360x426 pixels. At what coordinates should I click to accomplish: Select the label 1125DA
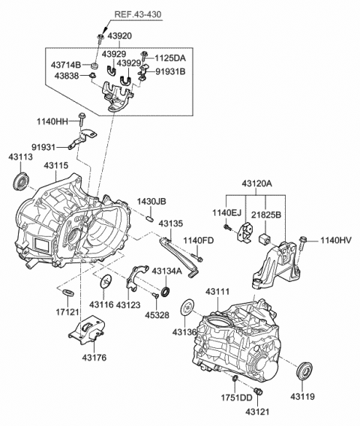click(x=172, y=57)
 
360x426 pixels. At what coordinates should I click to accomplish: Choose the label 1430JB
click(x=151, y=201)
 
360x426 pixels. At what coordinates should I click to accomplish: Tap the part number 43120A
click(x=257, y=184)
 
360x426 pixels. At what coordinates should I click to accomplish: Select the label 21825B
click(x=266, y=214)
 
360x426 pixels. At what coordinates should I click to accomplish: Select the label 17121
click(x=67, y=310)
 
